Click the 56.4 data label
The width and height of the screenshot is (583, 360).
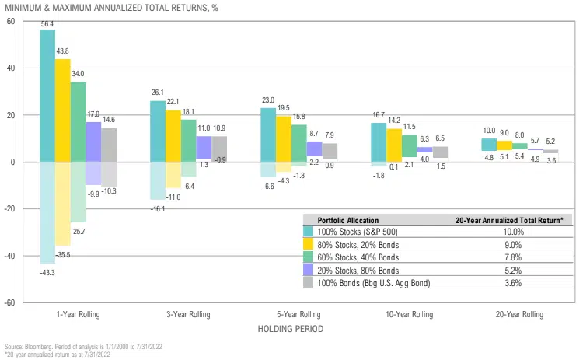coord(47,24)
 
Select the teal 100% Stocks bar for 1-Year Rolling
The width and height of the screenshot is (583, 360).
coord(47,93)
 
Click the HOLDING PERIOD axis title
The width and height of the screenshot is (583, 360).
coord(291,329)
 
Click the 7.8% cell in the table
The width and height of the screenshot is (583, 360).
coord(508,256)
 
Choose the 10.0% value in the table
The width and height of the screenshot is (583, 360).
coord(508,231)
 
